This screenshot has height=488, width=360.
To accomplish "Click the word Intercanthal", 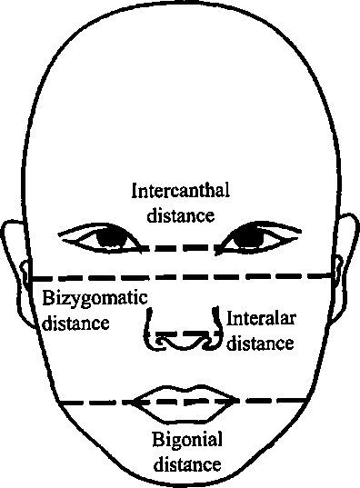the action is click(x=181, y=190).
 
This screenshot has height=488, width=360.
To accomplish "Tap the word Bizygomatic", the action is click(x=95, y=299).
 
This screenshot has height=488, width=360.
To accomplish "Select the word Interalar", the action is click(x=261, y=318).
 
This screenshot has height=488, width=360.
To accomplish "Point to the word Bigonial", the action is click(x=187, y=440).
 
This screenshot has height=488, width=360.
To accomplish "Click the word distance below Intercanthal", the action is click(x=181, y=215).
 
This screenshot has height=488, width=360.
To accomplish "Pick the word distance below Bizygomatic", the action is click(x=75, y=323).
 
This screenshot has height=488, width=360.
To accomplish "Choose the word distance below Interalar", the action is click(x=260, y=343).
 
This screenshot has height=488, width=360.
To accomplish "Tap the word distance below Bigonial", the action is click(x=187, y=463).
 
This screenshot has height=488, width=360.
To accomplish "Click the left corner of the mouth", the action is click(x=133, y=402).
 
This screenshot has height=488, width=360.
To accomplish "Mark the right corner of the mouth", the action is click(x=237, y=400).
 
